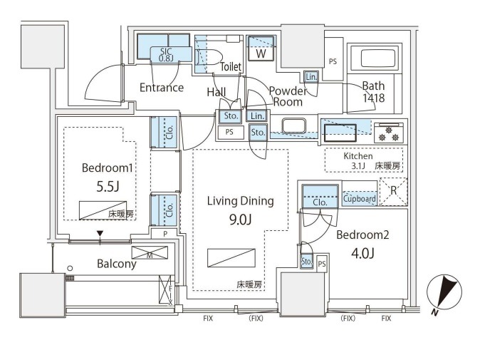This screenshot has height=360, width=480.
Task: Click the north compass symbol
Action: [x=447, y=292]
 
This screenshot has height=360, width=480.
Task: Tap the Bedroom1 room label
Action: [x=107, y=168]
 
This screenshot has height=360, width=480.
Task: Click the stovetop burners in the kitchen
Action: [x=389, y=133]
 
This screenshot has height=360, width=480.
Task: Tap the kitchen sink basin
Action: [x=340, y=133]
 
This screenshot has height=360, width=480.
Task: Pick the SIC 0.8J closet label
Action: [x=165, y=53]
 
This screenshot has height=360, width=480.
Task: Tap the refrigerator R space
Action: [x=392, y=191]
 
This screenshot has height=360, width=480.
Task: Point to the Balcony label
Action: [x=116, y=264]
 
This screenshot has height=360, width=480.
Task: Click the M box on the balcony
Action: [x=149, y=252]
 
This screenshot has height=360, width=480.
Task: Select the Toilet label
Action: [x=231, y=67]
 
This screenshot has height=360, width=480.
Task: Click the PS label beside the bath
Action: [x=333, y=62]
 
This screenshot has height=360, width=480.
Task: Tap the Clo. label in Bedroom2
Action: [x=320, y=202]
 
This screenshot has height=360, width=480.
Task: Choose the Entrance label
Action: [x=161, y=88]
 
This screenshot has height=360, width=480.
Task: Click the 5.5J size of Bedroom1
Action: [x=107, y=188]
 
